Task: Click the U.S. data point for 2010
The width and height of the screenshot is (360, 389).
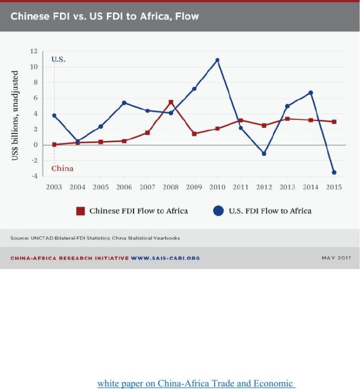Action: click(217, 60)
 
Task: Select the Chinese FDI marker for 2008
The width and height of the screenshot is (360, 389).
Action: click(170, 102)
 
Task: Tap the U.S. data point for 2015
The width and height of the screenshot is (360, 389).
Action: click(334, 173)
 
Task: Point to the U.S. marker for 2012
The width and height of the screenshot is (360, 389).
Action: click(264, 154)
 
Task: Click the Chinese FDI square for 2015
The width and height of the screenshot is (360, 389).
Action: click(334, 122)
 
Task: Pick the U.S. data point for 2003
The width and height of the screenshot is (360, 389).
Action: click(54, 116)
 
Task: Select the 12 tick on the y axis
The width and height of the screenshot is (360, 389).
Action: click(34, 52)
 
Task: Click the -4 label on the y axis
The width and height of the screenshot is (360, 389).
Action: click(34, 176)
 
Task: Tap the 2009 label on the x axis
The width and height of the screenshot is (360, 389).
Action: click(194, 187)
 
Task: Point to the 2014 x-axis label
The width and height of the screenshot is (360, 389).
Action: click(311, 187)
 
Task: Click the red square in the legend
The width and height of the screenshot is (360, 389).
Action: click(80, 211)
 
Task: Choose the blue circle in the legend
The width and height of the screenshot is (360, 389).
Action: click(219, 211)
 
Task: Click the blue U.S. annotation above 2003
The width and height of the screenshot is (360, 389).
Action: click(59, 59)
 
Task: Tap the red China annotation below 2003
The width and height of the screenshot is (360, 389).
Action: click(62, 168)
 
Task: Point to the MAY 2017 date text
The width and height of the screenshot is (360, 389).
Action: click(336, 258)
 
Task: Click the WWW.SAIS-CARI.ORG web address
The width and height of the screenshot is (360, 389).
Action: click(166, 258)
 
